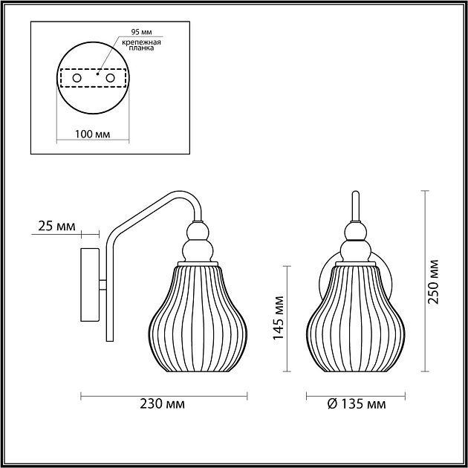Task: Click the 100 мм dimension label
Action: pos(93,134)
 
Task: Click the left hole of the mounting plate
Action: pos(76,77)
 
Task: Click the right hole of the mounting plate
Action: pos(110,77)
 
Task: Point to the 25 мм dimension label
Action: pos(56,225)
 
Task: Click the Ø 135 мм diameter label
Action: pos(356,404)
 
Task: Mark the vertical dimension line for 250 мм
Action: pos(424,281)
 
